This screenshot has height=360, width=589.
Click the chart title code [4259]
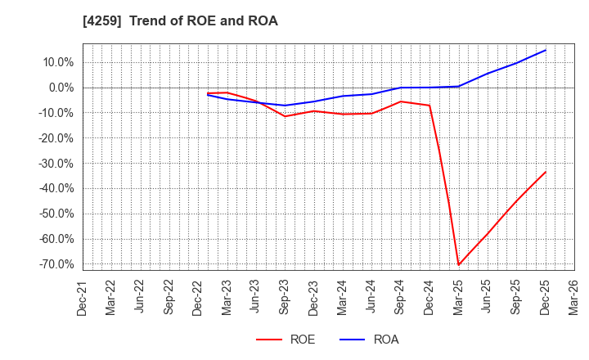[x=100, y=21]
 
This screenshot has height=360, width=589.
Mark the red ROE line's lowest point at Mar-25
[x=458, y=264]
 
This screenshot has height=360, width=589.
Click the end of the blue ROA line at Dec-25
[x=545, y=50]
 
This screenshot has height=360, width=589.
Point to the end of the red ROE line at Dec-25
[x=545, y=172]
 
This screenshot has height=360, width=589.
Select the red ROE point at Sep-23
[x=285, y=116]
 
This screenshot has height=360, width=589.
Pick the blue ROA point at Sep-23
[x=285, y=106]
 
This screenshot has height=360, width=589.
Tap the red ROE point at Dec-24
[x=429, y=106]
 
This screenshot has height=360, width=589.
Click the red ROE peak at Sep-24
[x=400, y=101]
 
